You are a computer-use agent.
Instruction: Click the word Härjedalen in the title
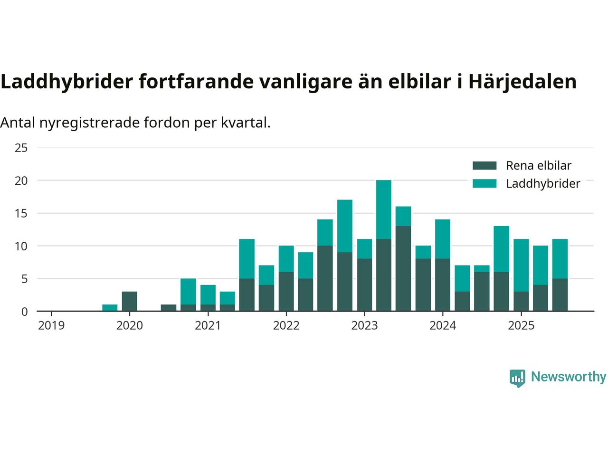(x=522, y=82)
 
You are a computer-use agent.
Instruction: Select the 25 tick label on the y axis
(x=21, y=148)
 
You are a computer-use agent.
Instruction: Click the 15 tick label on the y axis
(x=21, y=213)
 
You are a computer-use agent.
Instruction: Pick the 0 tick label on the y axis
(x=25, y=312)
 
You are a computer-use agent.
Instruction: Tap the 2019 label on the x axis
(x=51, y=325)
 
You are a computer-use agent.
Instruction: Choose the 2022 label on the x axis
(x=286, y=325)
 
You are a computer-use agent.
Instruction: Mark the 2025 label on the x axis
(x=521, y=325)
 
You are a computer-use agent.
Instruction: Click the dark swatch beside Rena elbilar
(x=484, y=165)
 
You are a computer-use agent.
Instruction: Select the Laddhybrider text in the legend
(x=543, y=183)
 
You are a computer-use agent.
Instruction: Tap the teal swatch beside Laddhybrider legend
(x=484, y=183)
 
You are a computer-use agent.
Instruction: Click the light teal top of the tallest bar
(x=384, y=209)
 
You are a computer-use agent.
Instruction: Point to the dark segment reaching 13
(x=403, y=268)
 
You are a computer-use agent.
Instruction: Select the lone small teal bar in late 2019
(x=110, y=308)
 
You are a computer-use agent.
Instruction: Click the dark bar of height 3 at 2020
(x=130, y=301)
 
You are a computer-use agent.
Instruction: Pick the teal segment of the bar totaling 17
(x=345, y=226)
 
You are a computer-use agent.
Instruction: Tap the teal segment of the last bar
(x=560, y=258)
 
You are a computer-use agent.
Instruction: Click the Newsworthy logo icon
(x=517, y=378)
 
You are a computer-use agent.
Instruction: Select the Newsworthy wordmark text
(x=568, y=377)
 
